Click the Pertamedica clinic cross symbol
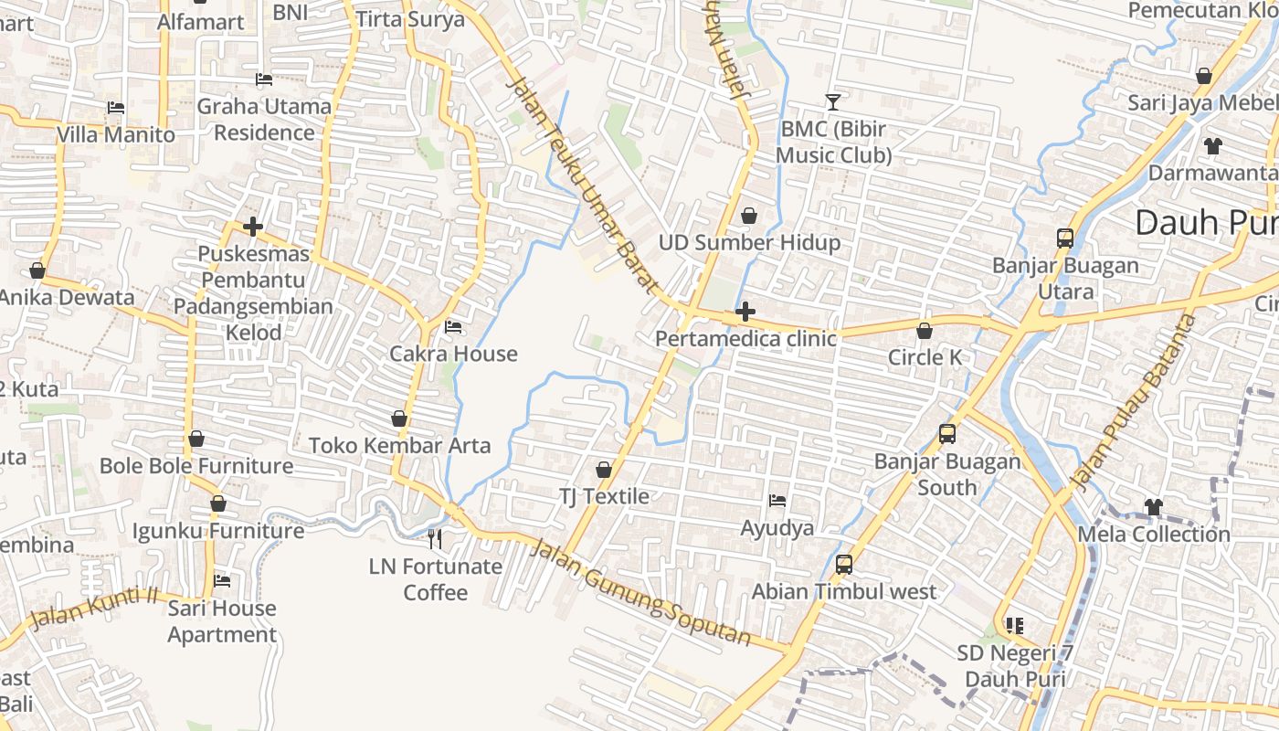745,312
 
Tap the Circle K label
925,357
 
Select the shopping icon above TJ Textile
604,470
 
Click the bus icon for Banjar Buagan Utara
1065,238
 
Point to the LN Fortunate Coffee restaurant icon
435,539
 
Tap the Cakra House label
453,354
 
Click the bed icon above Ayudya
777,501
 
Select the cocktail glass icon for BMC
832,101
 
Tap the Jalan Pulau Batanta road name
1132,402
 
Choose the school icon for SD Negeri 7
1015,626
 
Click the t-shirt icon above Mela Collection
1154,506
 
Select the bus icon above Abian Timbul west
844,565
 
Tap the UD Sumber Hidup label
749,243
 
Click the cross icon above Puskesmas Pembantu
253,227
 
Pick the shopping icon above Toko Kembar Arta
399,418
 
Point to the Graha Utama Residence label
264,120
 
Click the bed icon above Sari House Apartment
222,580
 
